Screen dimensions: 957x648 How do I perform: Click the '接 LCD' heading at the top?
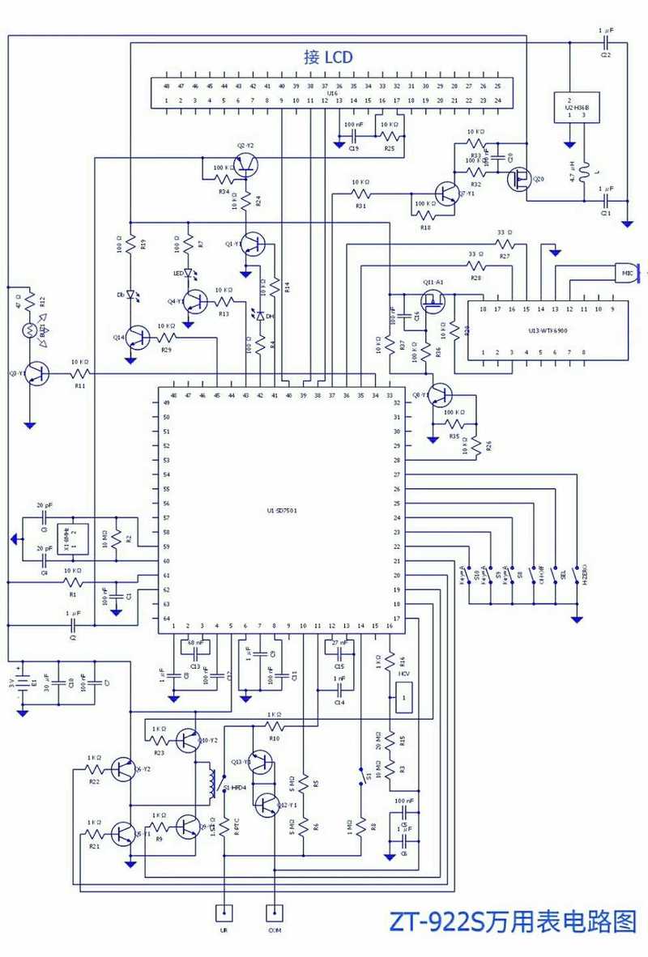[x=328, y=57]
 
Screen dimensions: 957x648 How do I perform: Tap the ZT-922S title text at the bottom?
[x=513, y=922]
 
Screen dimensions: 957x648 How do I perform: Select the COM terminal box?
[x=276, y=913]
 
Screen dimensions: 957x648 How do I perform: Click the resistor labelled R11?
[x=79, y=373]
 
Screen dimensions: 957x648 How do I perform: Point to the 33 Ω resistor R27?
[x=505, y=243]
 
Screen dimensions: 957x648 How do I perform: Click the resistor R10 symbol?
[x=275, y=725]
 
